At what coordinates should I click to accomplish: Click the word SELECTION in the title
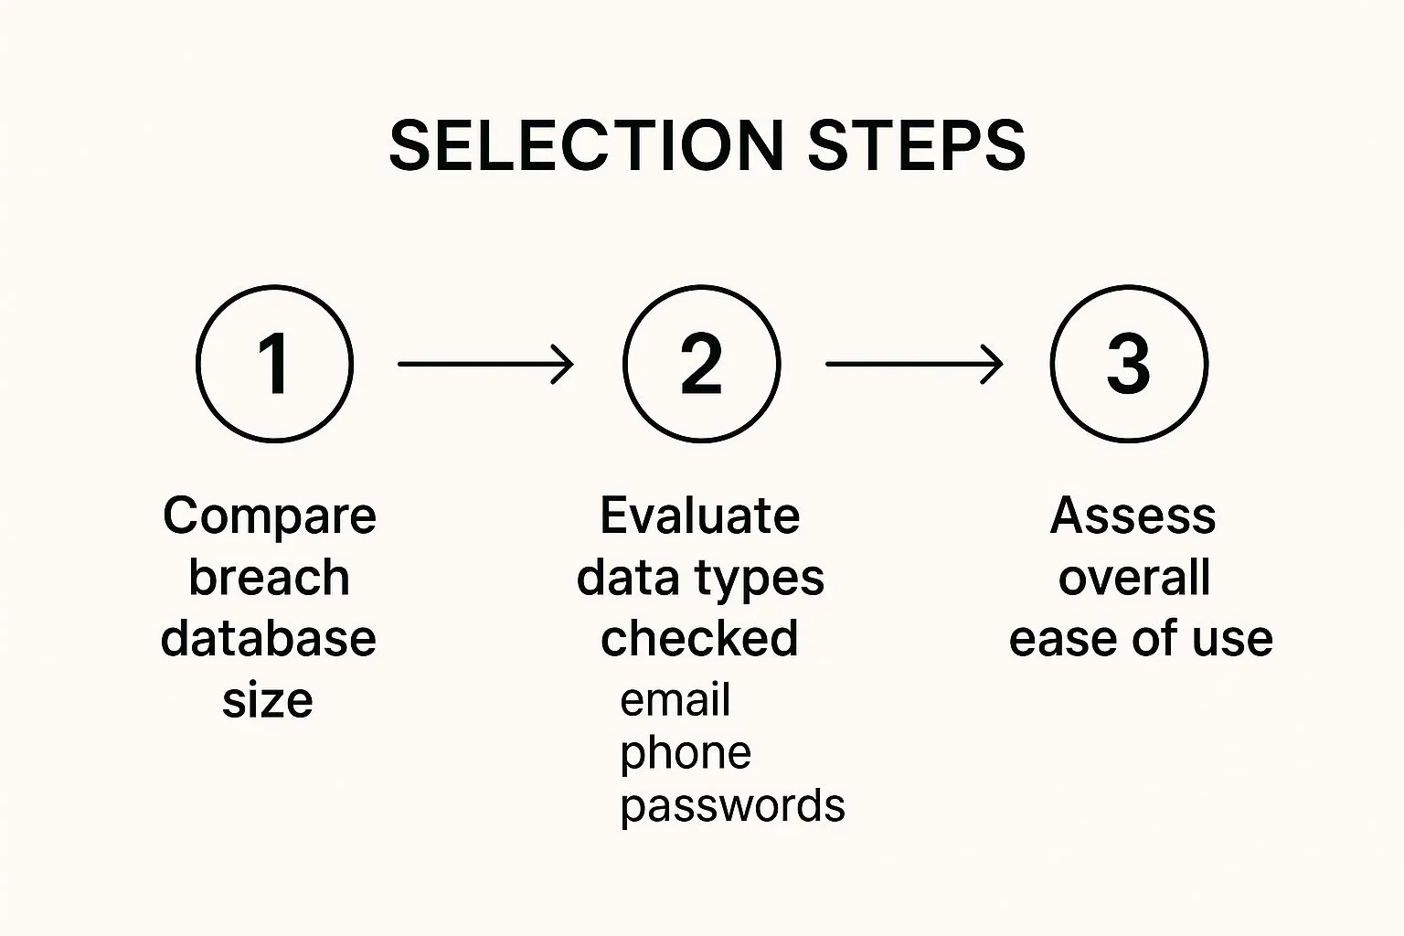(586, 145)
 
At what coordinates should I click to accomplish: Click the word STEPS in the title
(917, 145)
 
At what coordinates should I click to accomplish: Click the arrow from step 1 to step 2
(485, 364)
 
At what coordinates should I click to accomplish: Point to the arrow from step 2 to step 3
(914, 364)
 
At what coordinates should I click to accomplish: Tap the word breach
(269, 577)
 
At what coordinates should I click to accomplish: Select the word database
(268, 638)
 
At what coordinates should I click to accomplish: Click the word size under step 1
(268, 699)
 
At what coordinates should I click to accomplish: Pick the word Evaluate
(700, 516)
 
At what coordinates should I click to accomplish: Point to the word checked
(699, 638)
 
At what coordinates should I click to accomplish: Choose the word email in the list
(675, 699)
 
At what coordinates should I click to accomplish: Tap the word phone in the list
(686, 754)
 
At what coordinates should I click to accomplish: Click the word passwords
(733, 807)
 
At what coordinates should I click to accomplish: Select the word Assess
(1133, 516)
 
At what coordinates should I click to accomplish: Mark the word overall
(1134, 577)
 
